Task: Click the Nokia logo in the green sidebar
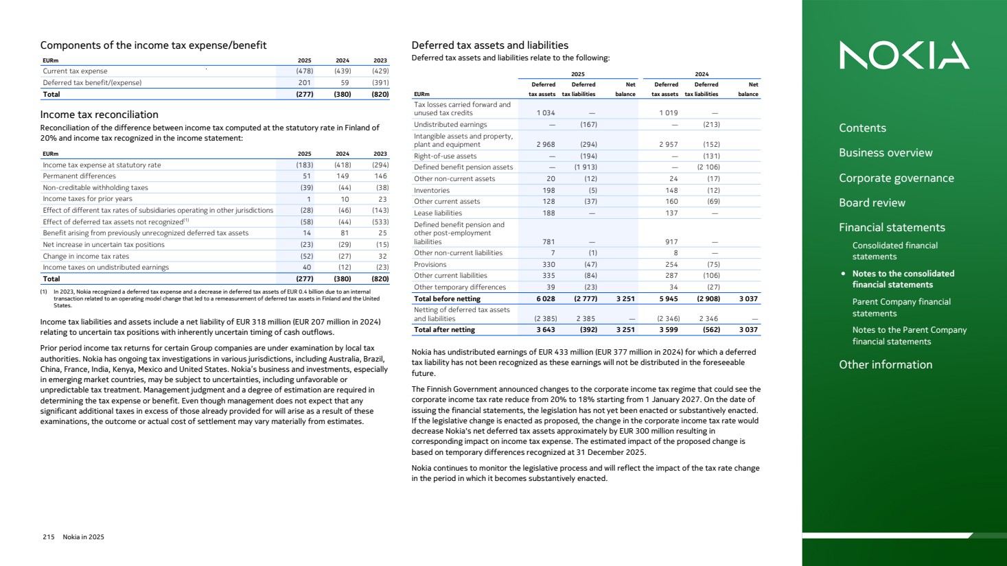click(904, 56)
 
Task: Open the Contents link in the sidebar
click(862, 128)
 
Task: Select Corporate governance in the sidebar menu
click(896, 178)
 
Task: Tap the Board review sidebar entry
click(872, 203)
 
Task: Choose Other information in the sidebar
click(886, 365)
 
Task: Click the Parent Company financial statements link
click(901, 307)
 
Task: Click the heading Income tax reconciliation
click(99, 115)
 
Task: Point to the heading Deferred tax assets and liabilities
click(489, 45)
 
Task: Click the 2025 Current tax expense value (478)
click(304, 71)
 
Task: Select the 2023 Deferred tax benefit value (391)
click(380, 83)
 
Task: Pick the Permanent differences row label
click(79, 176)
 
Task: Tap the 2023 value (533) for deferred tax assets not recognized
click(380, 222)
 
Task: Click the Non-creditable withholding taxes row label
click(95, 188)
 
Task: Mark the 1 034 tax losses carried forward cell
click(546, 113)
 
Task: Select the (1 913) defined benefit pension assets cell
click(586, 167)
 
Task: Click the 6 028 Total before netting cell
click(546, 299)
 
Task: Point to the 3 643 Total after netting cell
click(546, 330)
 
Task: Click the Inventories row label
click(432, 191)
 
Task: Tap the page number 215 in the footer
click(49, 537)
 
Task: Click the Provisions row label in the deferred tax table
click(430, 265)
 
